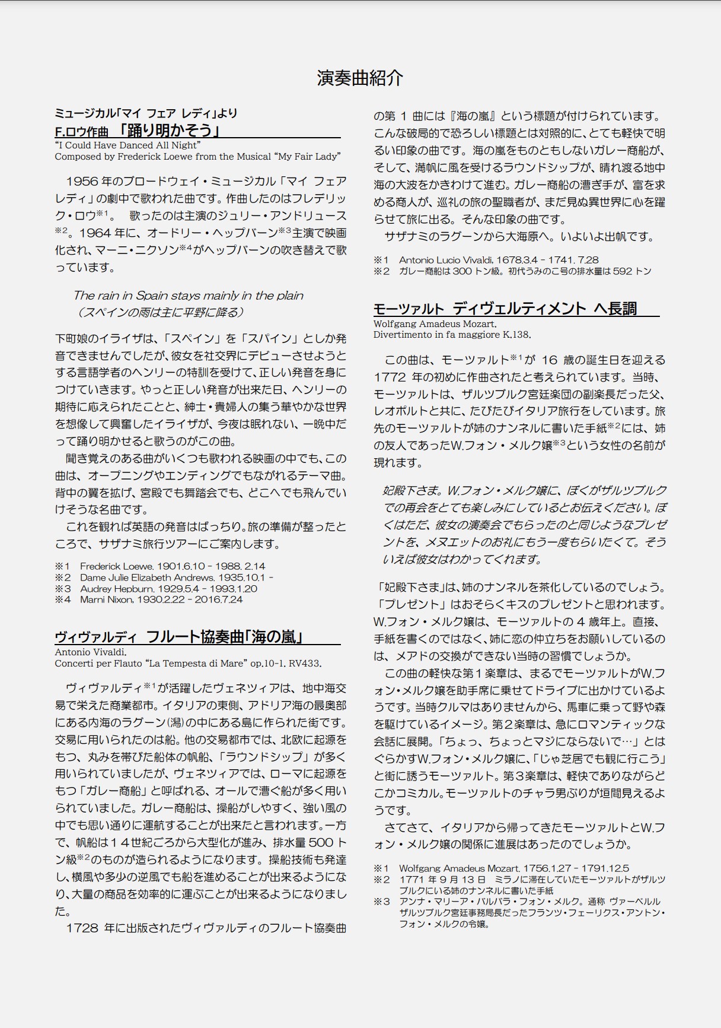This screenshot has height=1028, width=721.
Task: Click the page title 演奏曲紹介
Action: (360, 78)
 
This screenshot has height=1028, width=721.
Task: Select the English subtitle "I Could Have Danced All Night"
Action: (128, 145)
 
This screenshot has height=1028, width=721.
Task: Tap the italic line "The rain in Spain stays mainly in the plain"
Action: (188, 296)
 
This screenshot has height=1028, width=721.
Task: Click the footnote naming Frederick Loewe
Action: (173, 566)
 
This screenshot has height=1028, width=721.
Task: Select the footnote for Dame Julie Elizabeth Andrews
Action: (176, 578)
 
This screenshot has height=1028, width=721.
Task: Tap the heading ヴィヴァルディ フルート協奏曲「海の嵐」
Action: (180, 637)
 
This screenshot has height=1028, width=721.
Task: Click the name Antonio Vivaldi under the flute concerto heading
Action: (90, 652)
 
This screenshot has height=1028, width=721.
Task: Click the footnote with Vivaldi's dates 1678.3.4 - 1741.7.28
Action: (498, 260)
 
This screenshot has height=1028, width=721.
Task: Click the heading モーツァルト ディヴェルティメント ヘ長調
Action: (505, 309)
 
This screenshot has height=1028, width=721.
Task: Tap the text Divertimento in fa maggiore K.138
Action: (452, 335)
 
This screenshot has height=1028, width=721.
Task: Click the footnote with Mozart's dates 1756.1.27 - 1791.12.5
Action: (513, 868)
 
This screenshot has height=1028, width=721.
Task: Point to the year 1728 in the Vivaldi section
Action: (83, 928)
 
